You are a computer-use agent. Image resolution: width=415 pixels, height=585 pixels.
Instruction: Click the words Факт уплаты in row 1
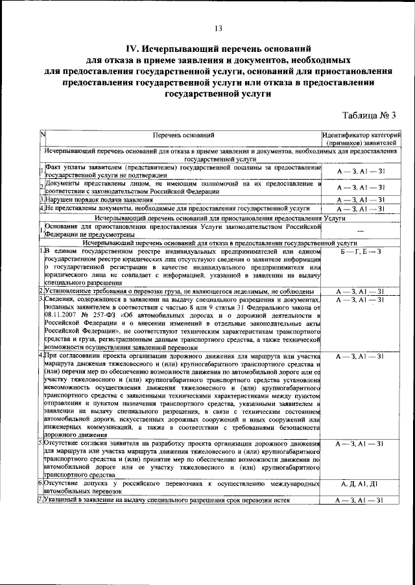(x=62, y=167)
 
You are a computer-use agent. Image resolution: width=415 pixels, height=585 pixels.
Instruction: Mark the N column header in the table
(x=42, y=135)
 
